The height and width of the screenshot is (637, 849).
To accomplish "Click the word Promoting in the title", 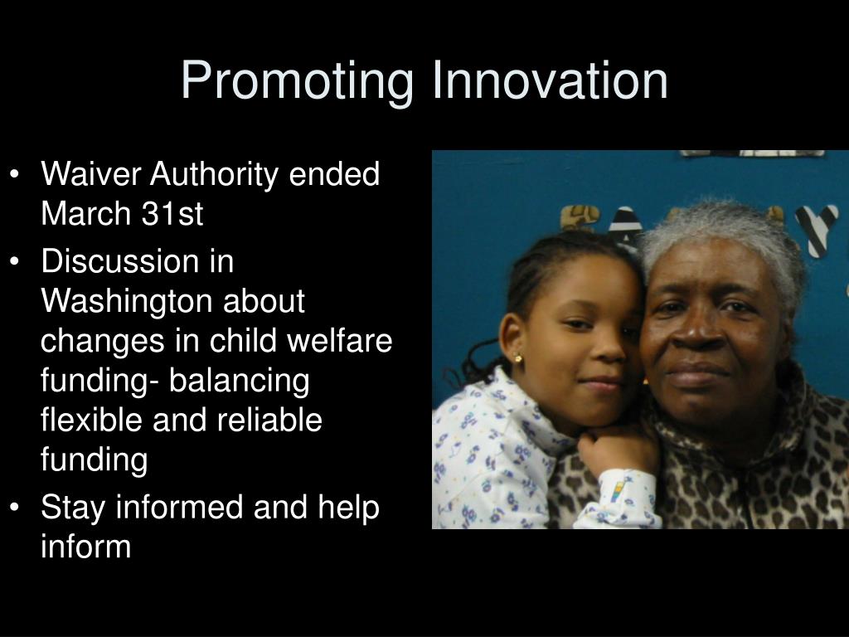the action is pos(298,81).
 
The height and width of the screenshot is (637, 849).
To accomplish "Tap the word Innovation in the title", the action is pos(550,80).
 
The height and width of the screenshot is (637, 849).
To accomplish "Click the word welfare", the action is pos(339,340).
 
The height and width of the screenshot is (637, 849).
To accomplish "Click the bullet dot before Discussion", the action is pos(15,261).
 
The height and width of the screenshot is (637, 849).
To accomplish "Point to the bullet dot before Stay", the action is pos(15,508).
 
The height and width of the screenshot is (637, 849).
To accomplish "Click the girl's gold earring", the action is pos(518,357).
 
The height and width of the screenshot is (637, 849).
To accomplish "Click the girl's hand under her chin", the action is pos(614,450).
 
